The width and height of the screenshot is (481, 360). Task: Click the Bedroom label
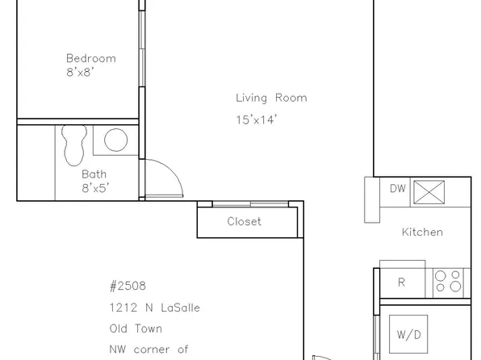pos(90,58)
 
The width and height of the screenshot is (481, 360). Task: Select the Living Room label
pos(271,98)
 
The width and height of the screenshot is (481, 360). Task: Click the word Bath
pos(94,174)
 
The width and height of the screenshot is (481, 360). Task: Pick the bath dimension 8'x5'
pos(94,188)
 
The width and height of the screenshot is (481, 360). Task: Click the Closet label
pos(244,222)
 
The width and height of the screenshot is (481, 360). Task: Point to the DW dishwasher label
pos(397,190)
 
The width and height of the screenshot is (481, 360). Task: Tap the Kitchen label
pos(422,232)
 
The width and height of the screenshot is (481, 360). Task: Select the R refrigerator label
pos(401,283)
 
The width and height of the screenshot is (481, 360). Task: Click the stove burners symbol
pos(449,281)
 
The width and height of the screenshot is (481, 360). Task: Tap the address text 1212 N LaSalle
pos(154,308)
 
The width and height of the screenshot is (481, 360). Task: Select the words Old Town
pos(136,329)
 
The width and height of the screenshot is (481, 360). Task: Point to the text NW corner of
pos(148,350)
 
